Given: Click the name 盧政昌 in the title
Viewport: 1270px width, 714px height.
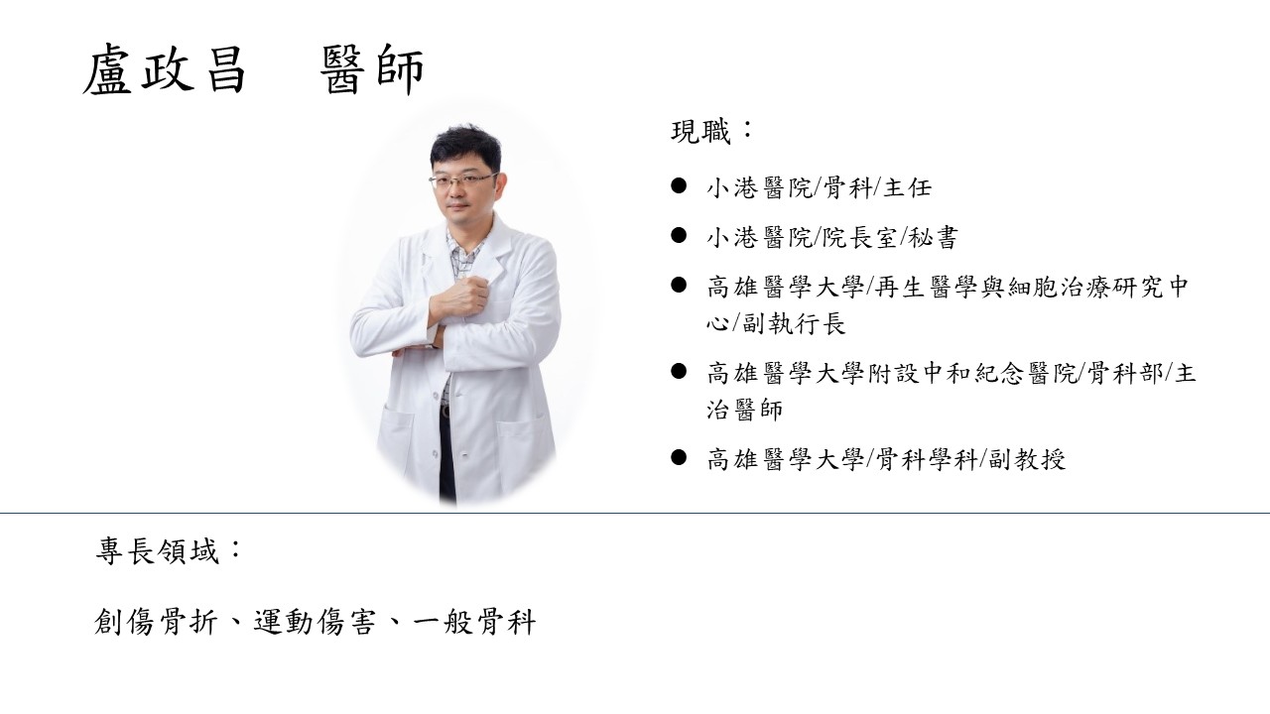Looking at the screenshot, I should (164, 71).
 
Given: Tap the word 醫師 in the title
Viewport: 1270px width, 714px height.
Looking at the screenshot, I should (373, 71).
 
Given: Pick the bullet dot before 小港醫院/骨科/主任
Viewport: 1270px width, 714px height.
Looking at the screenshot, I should (680, 185).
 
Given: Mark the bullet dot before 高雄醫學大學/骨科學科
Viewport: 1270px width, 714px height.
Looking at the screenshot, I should (680, 457).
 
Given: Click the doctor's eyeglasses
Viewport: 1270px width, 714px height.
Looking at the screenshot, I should (462, 180).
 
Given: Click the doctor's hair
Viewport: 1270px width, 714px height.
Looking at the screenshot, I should (465, 144).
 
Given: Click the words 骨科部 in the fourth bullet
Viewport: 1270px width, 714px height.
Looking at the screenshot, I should (1125, 374).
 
